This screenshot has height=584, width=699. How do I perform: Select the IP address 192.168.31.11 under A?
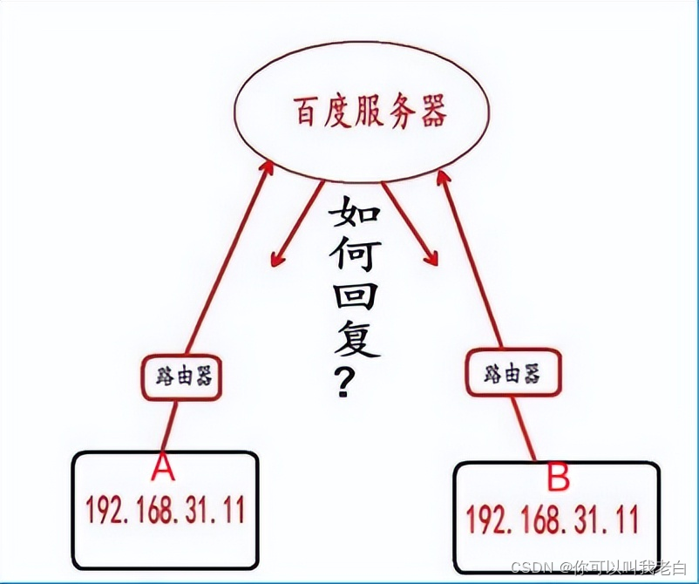tap(165, 509)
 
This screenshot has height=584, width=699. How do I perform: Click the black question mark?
tap(346, 383)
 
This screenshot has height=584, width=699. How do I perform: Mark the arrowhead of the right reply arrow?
tap(431, 258)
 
